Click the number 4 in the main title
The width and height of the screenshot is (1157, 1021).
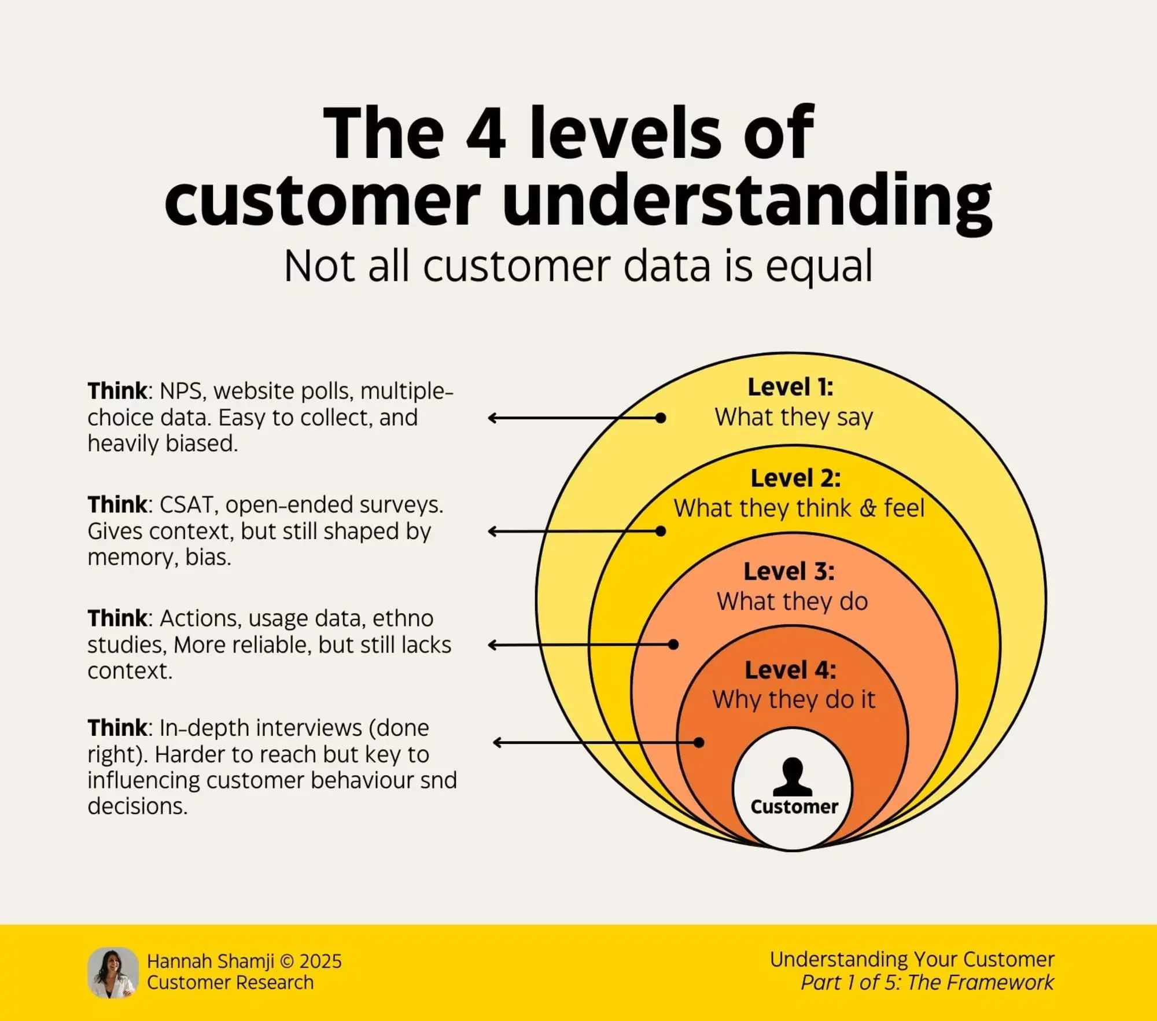[x=486, y=134]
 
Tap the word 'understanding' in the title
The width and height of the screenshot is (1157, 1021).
[x=747, y=203]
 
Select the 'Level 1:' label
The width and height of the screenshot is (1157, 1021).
[x=790, y=387]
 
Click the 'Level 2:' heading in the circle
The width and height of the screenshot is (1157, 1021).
[x=795, y=478]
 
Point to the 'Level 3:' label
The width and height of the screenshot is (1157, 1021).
[x=789, y=572]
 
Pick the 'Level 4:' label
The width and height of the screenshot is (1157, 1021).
[x=790, y=670]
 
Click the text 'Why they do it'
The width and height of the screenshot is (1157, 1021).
[x=794, y=700]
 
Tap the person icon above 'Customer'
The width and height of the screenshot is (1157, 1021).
[x=793, y=777]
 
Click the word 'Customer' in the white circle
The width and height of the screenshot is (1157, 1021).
[x=794, y=807]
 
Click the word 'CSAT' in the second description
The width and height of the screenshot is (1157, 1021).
[x=186, y=506]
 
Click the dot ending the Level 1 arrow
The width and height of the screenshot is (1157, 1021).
[x=661, y=418]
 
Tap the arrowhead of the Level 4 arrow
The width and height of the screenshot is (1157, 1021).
[x=497, y=742]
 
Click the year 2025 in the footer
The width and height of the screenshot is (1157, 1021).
[x=320, y=961]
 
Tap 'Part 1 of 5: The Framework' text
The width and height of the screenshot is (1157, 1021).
[x=927, y=982]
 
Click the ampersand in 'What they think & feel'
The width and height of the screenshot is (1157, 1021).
[x=868, y=508]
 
